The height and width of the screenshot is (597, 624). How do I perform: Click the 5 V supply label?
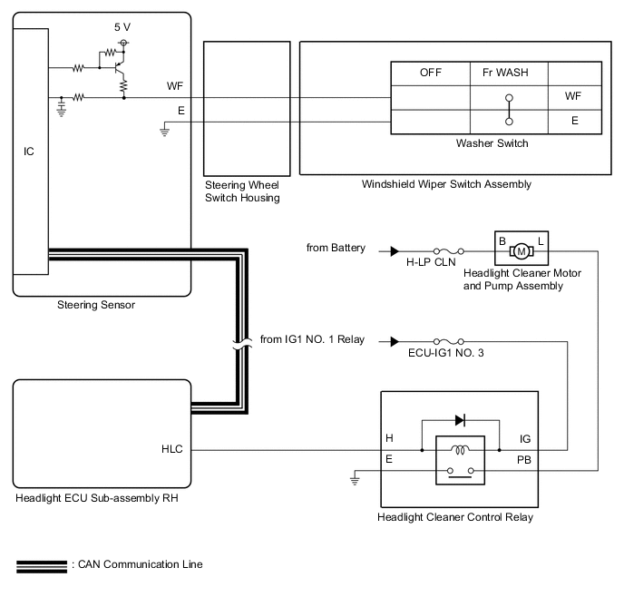(122, 27)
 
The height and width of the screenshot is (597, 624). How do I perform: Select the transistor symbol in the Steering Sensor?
(119, 67)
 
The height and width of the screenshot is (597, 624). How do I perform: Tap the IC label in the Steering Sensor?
(29, 152)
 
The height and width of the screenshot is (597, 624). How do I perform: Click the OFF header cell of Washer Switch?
(431, 73)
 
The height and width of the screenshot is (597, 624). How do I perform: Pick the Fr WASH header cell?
(509, 73)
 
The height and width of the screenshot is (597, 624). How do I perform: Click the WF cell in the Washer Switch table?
(575, 97)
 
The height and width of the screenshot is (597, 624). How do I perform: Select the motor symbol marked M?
(522, 251)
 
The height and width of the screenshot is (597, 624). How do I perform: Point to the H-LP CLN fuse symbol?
(448, 251)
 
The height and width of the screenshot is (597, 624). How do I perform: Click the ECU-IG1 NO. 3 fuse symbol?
(448, 341)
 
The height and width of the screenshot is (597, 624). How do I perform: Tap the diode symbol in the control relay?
(460, 420)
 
